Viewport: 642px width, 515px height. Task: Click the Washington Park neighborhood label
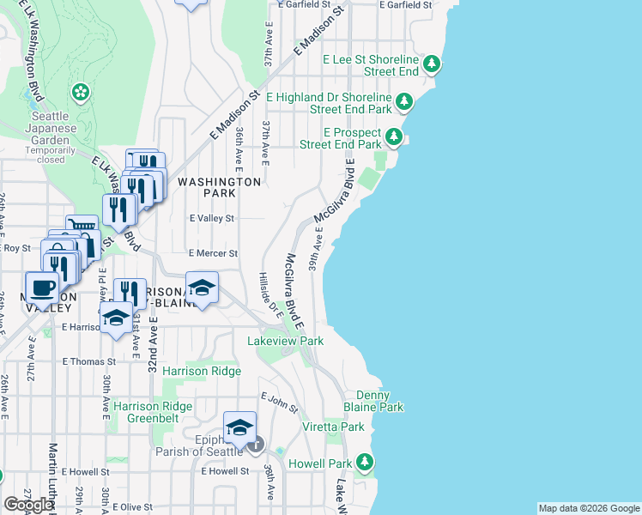[219, 188]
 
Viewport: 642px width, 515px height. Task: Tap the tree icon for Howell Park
[364, 463]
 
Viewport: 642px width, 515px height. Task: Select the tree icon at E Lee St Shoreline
[433, 65]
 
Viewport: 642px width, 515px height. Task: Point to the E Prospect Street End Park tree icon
[394, 137]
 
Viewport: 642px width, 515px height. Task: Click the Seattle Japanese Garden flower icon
[82, 91]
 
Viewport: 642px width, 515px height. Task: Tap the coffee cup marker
[42, 288]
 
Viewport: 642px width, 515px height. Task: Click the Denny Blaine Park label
[379, 402]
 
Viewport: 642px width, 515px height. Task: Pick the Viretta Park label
[333, 427]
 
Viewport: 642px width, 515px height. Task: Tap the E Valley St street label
[212, 219]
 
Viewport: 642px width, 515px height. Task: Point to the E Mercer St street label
[212, 253]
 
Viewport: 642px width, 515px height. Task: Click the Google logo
[28, 505]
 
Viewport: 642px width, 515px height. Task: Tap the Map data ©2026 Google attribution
[588, 508]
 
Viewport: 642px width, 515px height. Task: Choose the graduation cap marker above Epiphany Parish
[240, 427]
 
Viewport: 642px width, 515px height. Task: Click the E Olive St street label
[138, 507]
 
